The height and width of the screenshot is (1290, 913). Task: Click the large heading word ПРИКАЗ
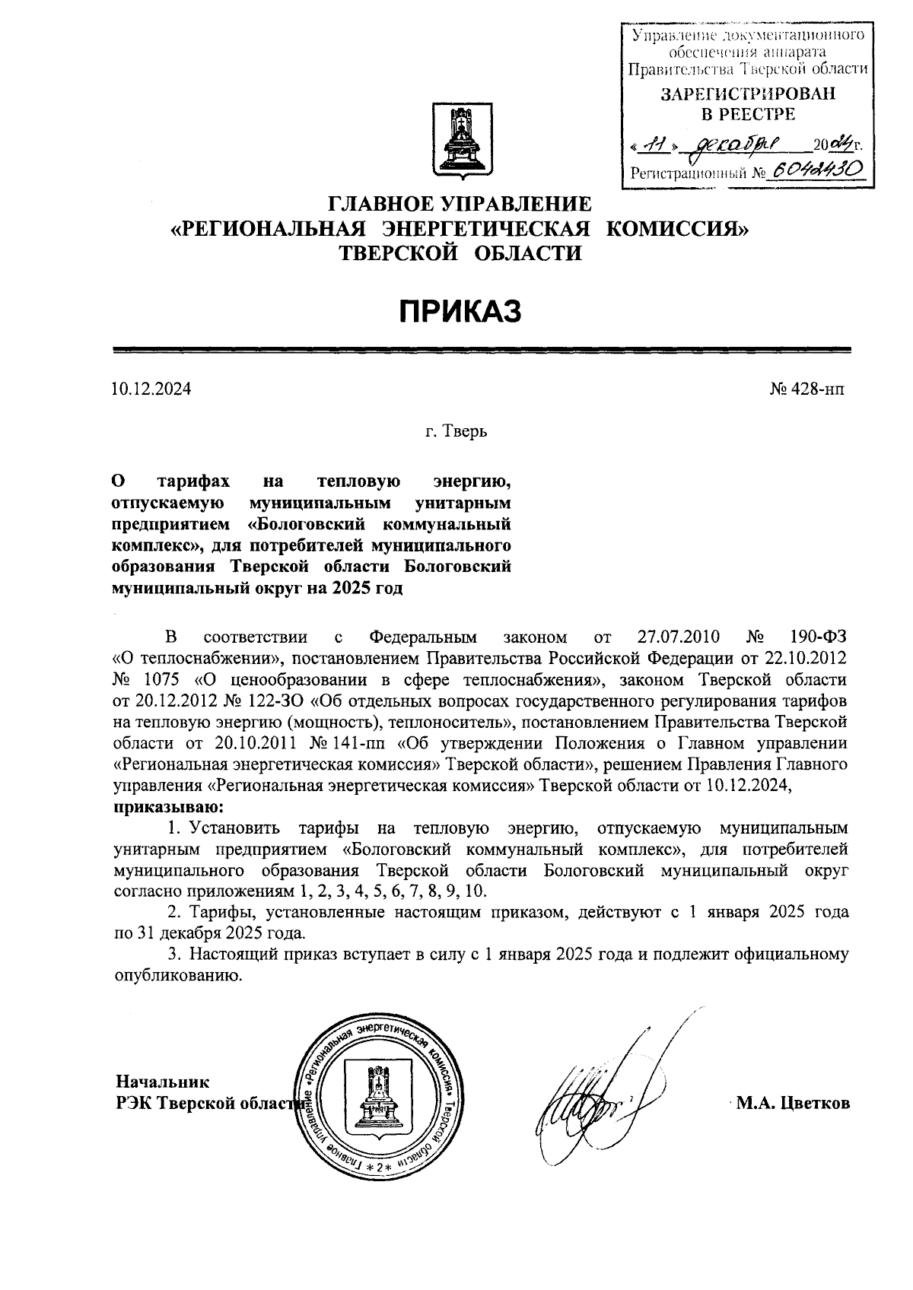(x=461, y=311)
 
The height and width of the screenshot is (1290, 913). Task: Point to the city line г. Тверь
(x=456, y=431)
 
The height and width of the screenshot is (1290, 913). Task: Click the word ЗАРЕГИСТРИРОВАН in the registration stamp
(x=747, y=94)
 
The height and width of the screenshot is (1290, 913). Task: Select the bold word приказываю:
(x=168, y=805)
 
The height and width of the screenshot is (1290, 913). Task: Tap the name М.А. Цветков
(x=793, y=1103)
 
